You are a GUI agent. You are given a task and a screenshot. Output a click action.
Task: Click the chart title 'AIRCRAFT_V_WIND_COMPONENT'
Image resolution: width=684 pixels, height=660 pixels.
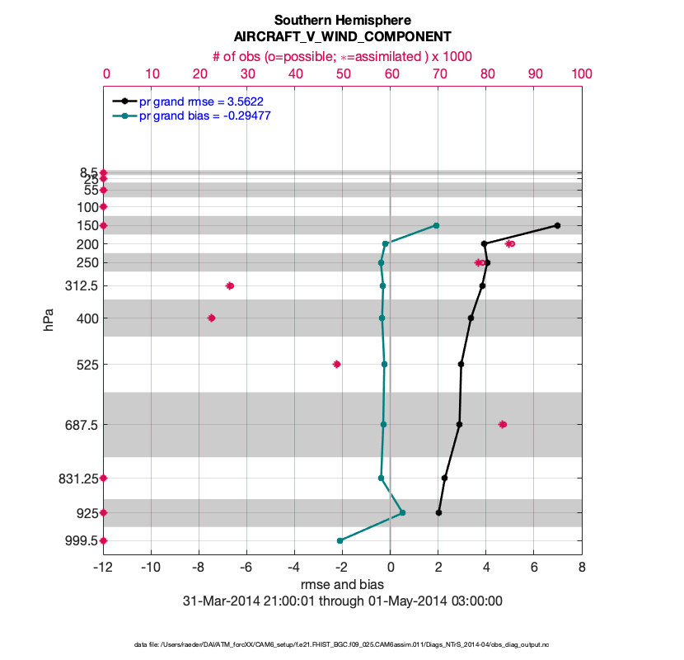342,36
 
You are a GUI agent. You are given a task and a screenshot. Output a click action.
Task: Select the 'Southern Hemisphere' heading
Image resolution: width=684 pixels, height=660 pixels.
342,20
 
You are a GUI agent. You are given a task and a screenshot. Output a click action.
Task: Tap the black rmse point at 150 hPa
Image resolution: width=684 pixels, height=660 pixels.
558,225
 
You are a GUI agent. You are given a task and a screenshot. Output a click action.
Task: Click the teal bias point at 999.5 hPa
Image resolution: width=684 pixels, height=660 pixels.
340,540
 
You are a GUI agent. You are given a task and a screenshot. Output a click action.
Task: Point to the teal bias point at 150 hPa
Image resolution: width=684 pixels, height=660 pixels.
436,225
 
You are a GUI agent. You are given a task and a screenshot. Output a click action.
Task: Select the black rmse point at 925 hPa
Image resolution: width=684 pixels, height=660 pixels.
438,512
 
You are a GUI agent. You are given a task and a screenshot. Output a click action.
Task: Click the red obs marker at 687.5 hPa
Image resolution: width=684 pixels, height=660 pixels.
503,424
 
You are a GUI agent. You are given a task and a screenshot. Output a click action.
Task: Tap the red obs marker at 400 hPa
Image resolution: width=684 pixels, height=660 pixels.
212,318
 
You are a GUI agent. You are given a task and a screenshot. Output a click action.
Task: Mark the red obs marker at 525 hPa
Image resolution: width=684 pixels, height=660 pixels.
336,364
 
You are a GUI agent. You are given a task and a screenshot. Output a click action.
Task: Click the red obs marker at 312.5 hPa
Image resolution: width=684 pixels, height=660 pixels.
230,285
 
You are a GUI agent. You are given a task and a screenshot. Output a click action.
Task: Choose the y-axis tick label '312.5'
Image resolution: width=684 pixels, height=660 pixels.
82,285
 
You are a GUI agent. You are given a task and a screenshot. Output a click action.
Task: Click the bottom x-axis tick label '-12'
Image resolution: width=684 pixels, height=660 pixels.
103,568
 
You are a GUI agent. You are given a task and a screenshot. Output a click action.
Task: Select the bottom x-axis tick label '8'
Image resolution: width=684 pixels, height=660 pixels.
582,568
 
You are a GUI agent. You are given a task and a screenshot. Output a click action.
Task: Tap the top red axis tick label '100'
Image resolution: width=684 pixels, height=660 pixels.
581,73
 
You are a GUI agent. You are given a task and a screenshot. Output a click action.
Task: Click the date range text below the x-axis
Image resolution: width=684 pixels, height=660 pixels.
342,601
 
